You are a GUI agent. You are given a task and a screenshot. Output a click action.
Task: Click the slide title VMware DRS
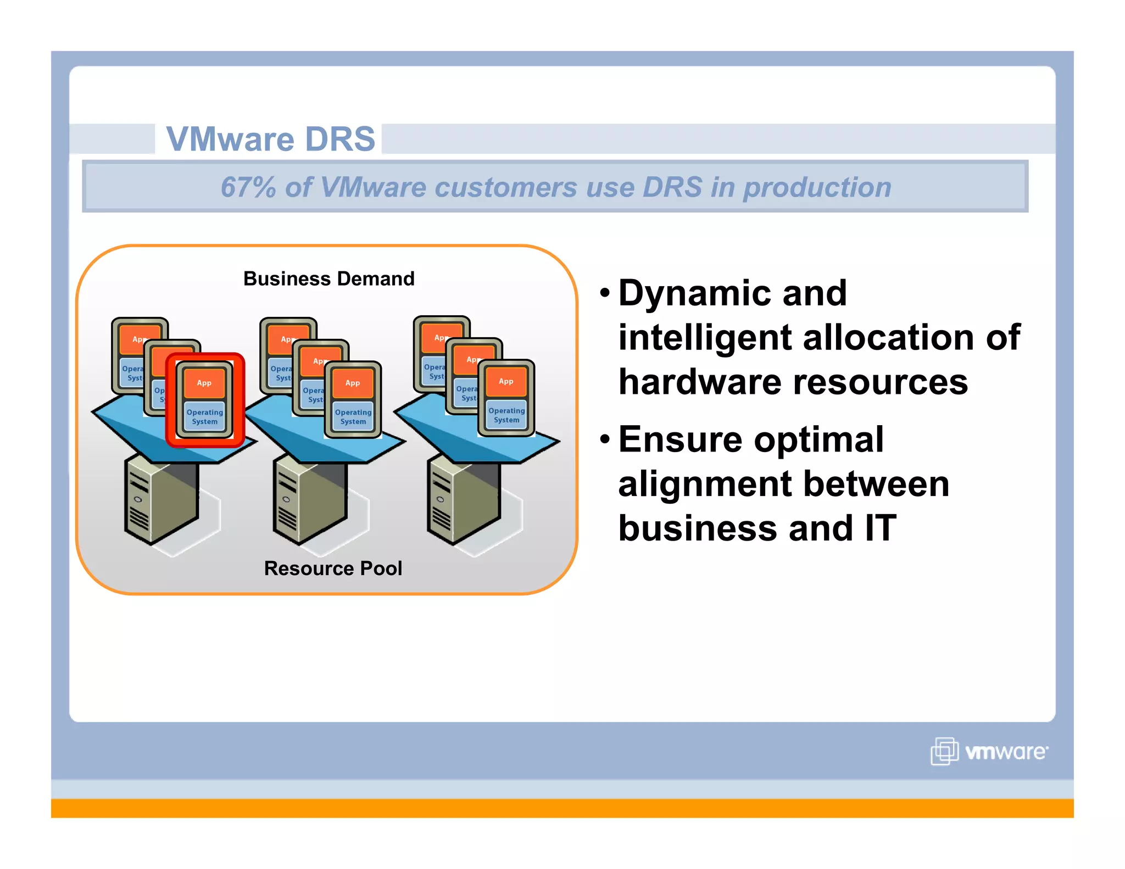(270, 139)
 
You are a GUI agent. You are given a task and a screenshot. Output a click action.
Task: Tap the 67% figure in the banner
(248, 187)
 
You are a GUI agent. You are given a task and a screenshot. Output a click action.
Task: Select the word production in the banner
(817, 187)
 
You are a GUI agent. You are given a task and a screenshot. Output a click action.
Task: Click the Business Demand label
(328, 278)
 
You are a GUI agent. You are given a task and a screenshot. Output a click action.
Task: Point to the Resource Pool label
(333, 568)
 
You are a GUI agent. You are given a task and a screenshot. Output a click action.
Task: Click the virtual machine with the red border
(205, 399)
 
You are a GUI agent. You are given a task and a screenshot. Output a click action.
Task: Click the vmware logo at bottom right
(989, 751)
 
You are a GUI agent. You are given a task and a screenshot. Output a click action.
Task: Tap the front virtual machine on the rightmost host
(506, 398)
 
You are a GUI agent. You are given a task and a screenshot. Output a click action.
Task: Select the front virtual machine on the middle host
(353, 400)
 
